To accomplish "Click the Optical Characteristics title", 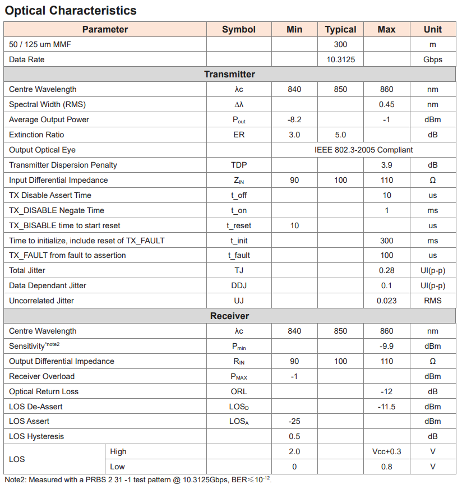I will tap(71, 11).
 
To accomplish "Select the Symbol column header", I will tap(239, 30).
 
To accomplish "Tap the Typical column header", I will tap(340, 30).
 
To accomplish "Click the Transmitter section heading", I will tap(229, 75).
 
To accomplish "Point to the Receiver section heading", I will tap(229, 316).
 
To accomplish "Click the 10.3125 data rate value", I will tap(340, 59).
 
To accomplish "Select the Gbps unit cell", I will tap(432, 59).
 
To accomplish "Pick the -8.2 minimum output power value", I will tap(294, 119).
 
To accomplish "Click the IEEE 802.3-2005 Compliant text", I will tap(364, 150).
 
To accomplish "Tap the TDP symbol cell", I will tap(239, 165).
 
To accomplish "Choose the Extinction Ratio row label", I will tap(36, 135).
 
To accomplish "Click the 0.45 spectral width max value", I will tap(386, 104).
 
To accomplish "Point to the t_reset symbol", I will tap(239, 225).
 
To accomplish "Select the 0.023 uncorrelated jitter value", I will tap(386, 301).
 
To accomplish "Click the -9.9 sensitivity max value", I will tap(386, 346).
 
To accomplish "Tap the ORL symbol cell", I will tap(239, 391).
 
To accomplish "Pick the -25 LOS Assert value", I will tap(294, 421).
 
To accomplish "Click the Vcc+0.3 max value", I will tap(386, 451).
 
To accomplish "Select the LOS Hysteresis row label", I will tap(36, 436).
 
